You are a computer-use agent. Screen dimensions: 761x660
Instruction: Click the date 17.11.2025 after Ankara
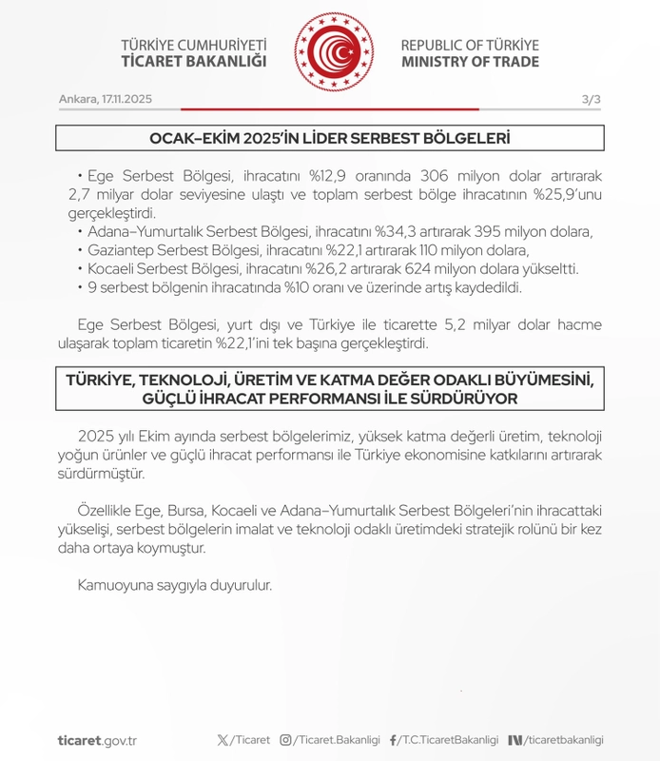tap(126, 100)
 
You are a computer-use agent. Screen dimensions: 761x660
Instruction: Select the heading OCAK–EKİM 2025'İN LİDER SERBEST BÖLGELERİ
tap(330, 139)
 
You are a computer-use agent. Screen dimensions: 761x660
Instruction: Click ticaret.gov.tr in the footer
tap(98, 739)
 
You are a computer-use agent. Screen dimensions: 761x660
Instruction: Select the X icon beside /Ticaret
tap(223, 739)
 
